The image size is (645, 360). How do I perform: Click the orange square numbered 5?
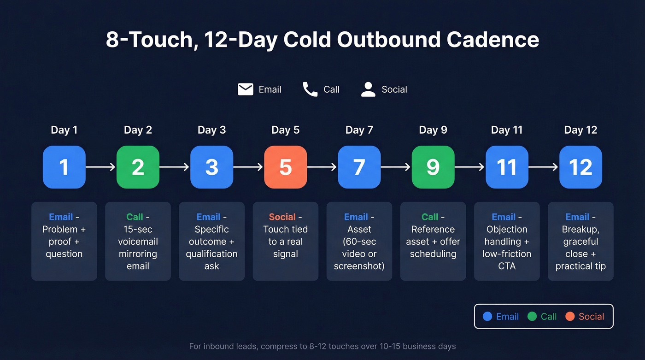[285, 167]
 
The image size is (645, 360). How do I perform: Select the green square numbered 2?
[138, 167]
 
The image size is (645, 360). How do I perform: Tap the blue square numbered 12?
[580, 167]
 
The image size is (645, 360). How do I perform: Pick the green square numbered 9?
[433, 167]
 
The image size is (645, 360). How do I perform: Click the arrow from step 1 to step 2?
[100, 167]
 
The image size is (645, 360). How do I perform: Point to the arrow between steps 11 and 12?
[543, 167]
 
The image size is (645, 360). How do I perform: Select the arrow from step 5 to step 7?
[322, 167]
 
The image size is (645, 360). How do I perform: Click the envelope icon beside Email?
[245, 89]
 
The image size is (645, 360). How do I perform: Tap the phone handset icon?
[310, 89]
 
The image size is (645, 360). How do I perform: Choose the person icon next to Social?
[368, 89]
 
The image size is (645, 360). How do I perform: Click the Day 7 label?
[359, 130]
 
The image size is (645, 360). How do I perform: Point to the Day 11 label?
[507, 130]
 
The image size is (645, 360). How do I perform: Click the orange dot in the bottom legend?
[570, 316]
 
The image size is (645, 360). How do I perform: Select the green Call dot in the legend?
[532, 316]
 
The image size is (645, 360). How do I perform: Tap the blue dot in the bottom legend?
[487, 316]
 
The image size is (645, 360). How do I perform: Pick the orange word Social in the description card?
[282, 217]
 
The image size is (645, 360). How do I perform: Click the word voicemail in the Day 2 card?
[138, 242]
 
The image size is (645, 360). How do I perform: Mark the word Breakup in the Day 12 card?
[580, 229]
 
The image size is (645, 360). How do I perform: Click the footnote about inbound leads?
[322, 346]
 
